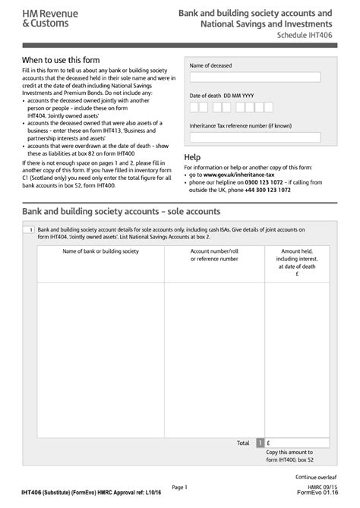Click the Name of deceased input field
click(255, 77)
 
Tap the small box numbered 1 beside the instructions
click(28, 229)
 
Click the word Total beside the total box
click(242, 443)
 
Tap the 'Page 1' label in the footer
click(179, 487)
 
